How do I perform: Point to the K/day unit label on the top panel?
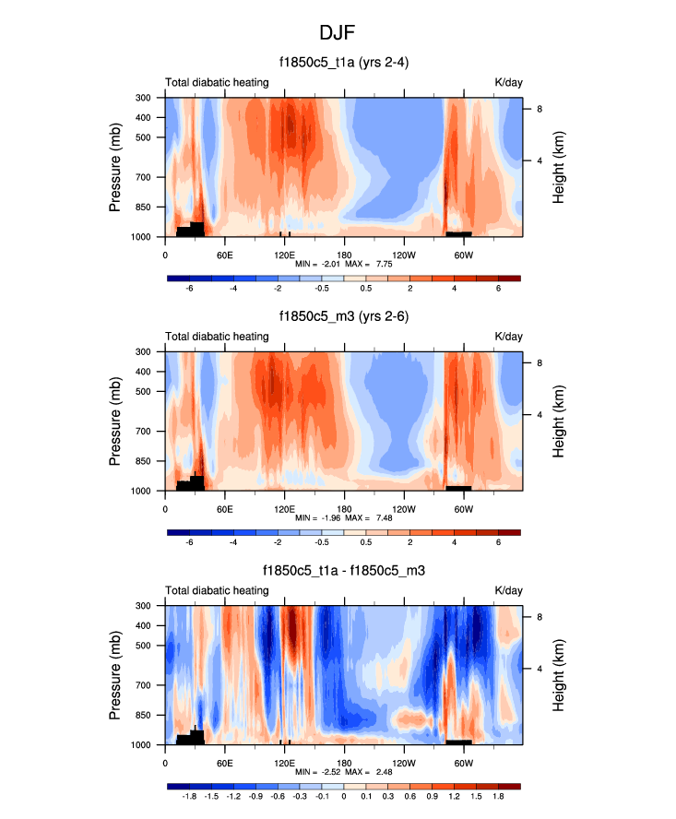click(x=508, y=83)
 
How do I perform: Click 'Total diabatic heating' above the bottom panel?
click(x=217, y=590)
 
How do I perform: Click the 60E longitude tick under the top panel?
click(x=225, y=255)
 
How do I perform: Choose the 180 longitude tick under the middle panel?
click(x=344, y=508)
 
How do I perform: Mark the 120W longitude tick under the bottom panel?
click(x=404, y=763)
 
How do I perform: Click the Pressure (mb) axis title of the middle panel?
click(x=116, y=421)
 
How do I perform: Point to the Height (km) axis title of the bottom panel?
click(x=559, y=674)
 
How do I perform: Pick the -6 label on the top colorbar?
click(x=190, y=289)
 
